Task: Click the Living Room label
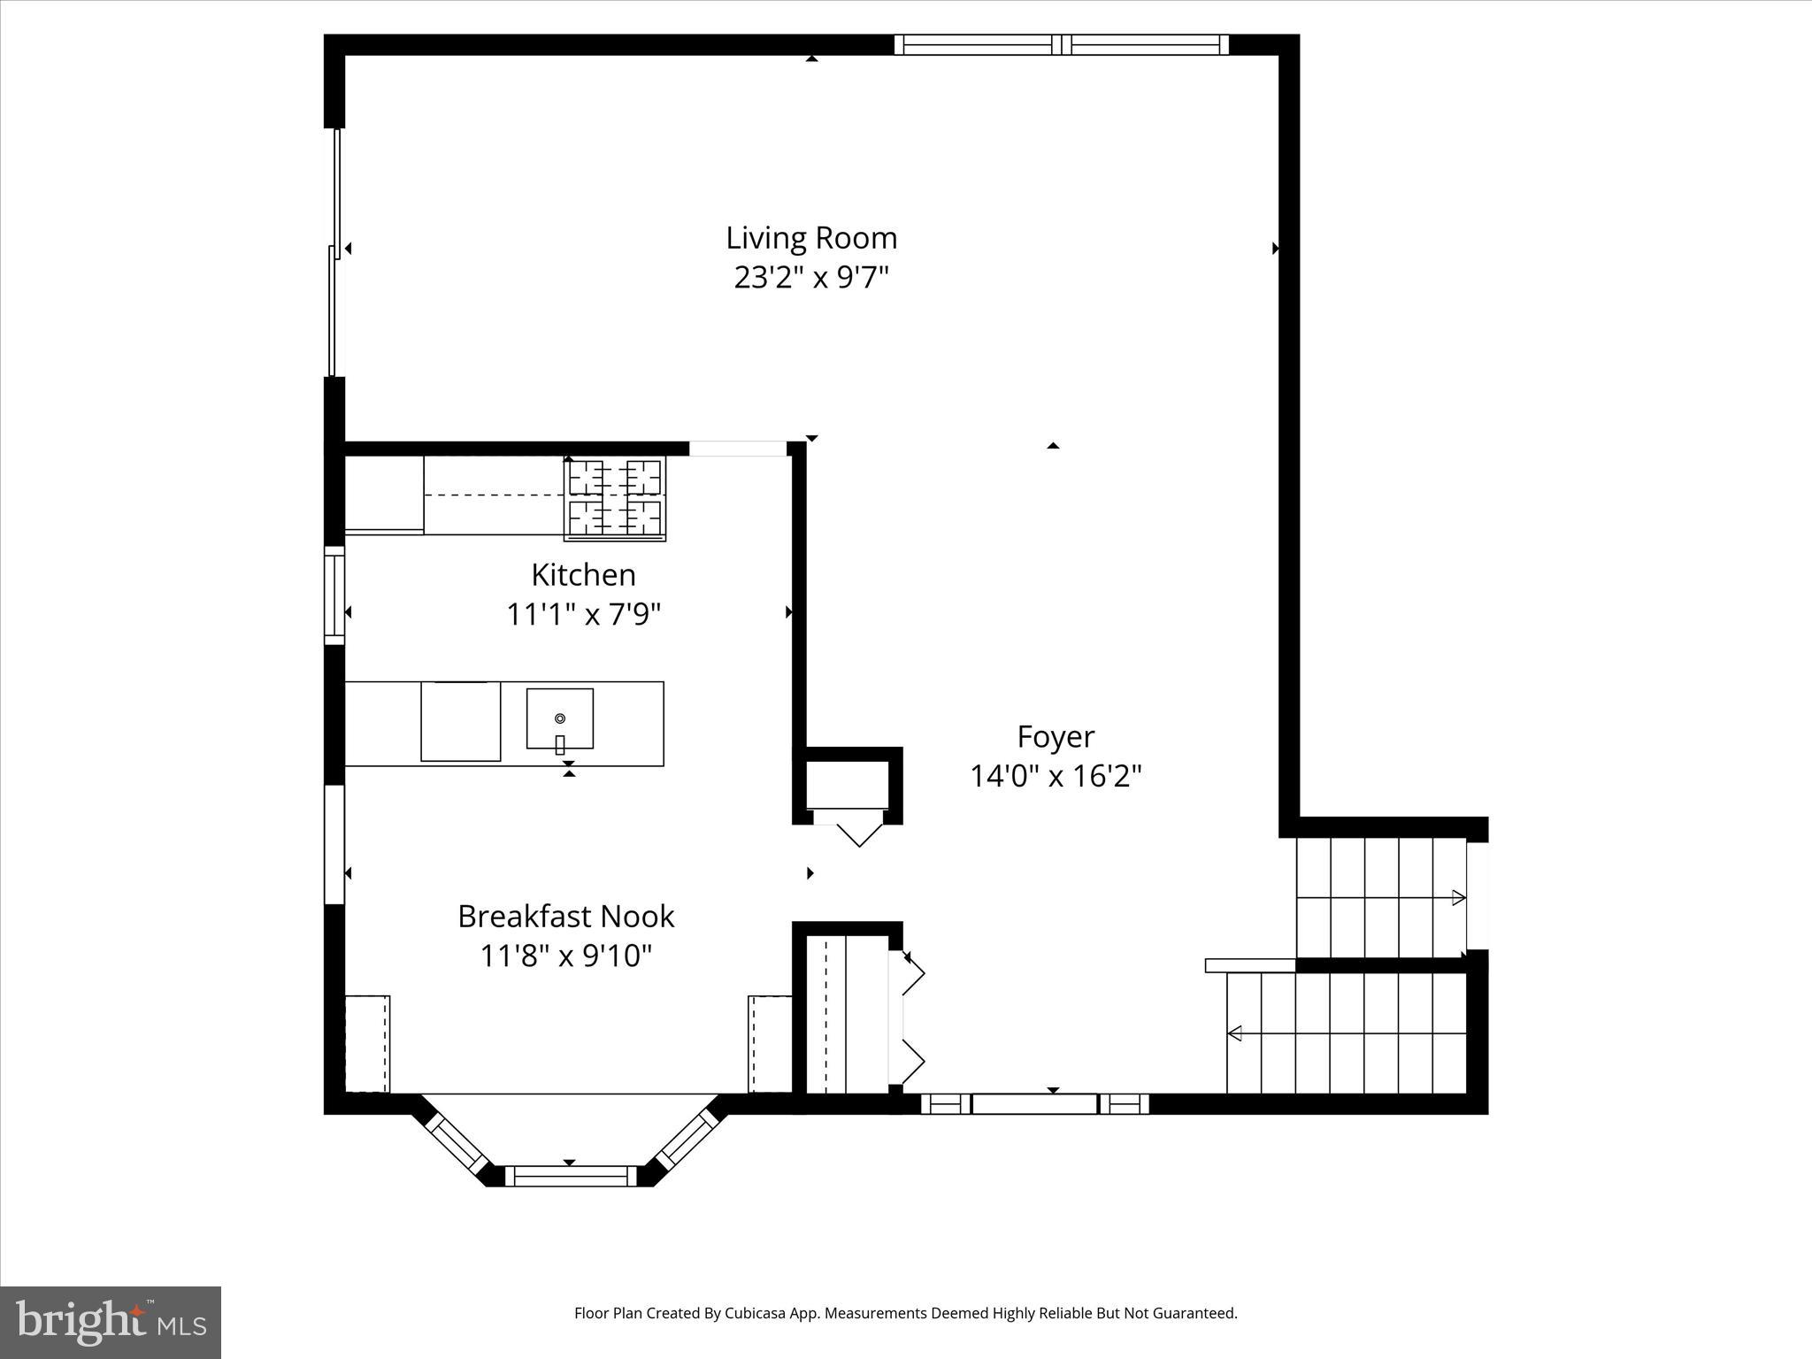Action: (x=811, y=238)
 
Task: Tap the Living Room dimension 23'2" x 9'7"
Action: (x=811, y=278)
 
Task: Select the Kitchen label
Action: (x=583, y=575)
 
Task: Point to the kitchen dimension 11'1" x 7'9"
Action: (x=583, y=614)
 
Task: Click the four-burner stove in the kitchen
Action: (x=615, y=498)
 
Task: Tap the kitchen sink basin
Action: (x=559, y=718)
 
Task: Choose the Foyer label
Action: (x=1056, y=737)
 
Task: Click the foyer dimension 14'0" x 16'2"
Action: (x=1056, y=777)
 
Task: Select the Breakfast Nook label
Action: (x=565, y=917)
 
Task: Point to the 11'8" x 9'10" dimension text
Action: (x=565, y=956)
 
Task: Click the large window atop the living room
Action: (x=1061, y=45)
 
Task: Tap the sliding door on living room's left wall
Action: (x=334, y=252)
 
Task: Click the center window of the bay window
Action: (x=571, y=1176)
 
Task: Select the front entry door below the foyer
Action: (x=1034, y=1103)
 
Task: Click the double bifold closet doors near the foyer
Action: (x=911, y=1018)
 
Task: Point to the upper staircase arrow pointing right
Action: (x=1458, y=898)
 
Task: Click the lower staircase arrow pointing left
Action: (x=1235, y=1033)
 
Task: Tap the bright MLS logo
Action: (x=111, y=1321)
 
